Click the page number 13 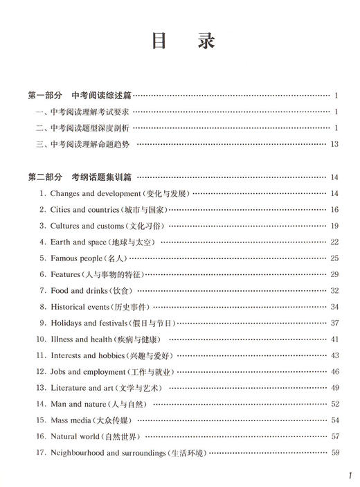tap(334, 144)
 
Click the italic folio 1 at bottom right tap(350, 477)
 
